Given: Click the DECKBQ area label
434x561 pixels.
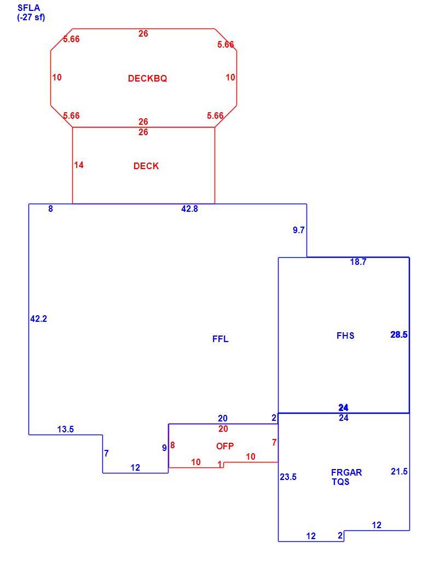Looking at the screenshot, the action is tap(147, 78).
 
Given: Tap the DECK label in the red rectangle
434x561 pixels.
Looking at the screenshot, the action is tap(146, 166).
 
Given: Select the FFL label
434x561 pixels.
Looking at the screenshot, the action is tap(221, 339).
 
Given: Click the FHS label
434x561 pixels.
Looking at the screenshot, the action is tap(346, 336).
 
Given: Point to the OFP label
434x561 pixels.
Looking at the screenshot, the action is tap(225, 446).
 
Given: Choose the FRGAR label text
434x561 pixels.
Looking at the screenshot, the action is tap(346, 472).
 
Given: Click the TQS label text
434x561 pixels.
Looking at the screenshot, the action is tap(340, 482).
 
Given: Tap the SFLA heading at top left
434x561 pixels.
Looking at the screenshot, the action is tap(28, 8).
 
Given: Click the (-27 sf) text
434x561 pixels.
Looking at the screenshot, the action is tap(31, 17).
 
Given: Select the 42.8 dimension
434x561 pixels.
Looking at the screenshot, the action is tap(189, 209).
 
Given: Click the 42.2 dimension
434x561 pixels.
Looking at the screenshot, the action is tap(39, 319).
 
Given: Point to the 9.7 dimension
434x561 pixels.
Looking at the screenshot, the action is tap(299, 230).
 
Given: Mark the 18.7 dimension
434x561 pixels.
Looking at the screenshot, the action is tap(358, 262).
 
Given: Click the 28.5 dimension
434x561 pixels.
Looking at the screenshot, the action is tap(399, 334).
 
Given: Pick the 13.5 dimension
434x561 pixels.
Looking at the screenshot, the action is tap(66, 429).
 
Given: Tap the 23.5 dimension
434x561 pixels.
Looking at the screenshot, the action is tap(288, 477).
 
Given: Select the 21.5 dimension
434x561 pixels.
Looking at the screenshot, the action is tap(400, 472).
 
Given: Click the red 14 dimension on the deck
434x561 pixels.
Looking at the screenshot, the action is tap(79, 165).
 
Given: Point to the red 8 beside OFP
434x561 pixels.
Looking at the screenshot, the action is tap(172, 446).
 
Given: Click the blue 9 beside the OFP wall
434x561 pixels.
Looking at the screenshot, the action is tap(165, 448).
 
